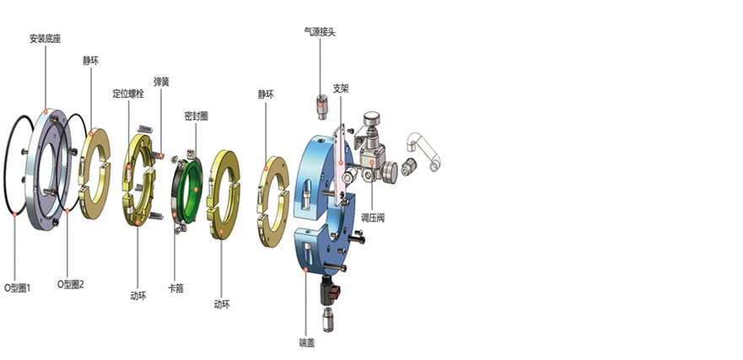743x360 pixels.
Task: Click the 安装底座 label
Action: (46, 39)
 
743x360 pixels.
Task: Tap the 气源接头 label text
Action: (320, 32)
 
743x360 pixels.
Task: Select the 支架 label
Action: (341, 89)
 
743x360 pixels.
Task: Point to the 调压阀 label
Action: (373, 218)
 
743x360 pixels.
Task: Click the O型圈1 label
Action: (18, 287)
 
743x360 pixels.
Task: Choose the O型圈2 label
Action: (71, 284)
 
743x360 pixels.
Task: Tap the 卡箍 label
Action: (176, 288)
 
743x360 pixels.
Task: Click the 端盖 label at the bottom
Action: (307, 342)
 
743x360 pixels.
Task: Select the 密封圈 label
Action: (197, 116)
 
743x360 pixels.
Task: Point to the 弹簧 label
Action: (161, 82)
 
